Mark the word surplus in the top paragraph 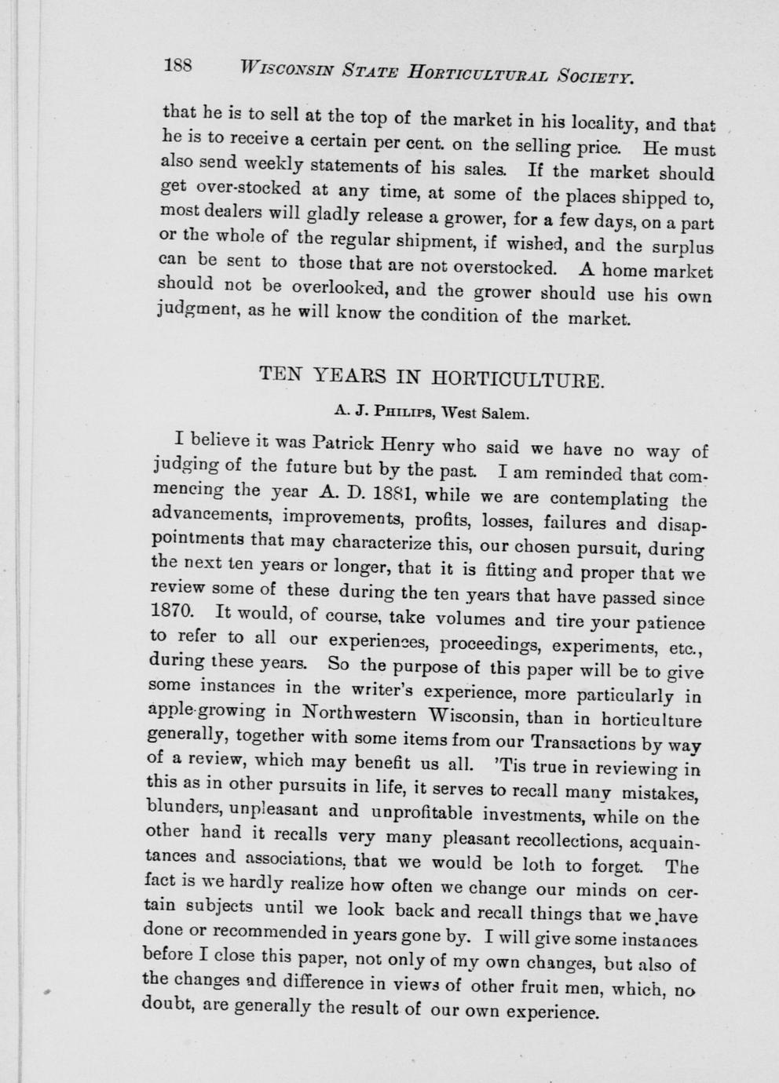pos(682,248)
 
